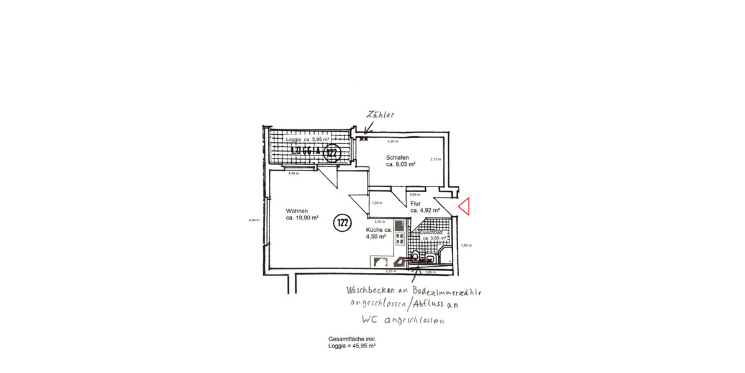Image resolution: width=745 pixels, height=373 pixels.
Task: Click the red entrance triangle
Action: [x=464, y=206]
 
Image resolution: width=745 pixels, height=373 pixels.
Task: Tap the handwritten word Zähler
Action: [x=380, y=115]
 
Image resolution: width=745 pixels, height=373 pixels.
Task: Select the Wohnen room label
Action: [x=297, y=211]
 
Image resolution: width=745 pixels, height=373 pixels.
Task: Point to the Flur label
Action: [x=415, y=203]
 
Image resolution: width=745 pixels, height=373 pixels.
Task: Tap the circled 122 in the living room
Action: [x=341, y=223]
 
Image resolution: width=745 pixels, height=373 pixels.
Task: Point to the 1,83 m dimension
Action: [x=466, y=246]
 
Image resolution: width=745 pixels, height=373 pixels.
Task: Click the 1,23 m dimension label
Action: [x=377, y=203]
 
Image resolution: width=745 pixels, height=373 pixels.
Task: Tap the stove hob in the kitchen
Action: [x=400, y=239]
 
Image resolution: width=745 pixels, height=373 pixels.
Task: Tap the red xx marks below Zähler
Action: [x=364, y=139]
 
